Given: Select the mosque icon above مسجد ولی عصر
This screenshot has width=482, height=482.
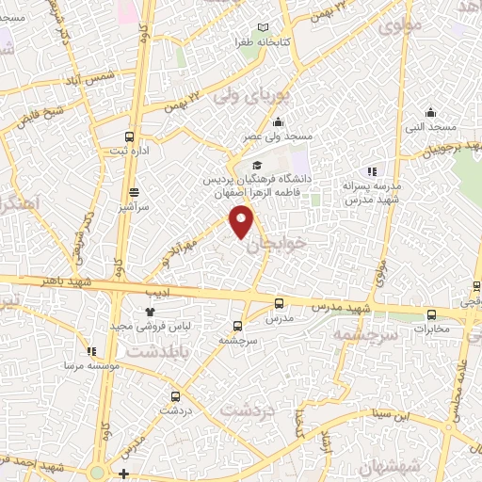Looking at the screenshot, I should click(x=278, y=122).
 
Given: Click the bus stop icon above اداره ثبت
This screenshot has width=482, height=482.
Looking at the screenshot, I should click(x=129, y=136).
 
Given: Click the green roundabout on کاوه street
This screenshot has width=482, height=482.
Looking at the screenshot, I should click(x=98, y=474).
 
